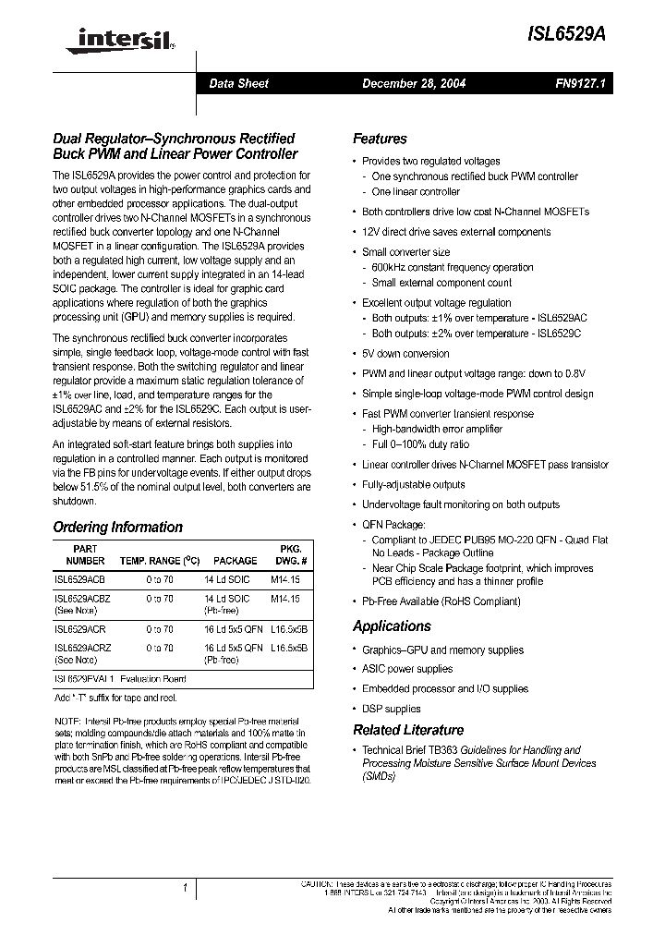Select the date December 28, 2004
pyautogui.click(x=413, y=83)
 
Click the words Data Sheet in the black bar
pyautogui.click(x=238, y=83)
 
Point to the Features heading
pyautogui.click(x=380, y=139)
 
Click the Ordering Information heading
pyautogui.click(x=117, y=528)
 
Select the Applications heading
pyautogui.click(x=392, y=626)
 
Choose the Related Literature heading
pyautogui.click(x=408, y=730)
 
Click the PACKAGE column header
pyautogui.click(x=235, y=561)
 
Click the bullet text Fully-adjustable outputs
pyautogui.click(x=413, y=484)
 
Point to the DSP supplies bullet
pyautogui.click(x=391, y=710)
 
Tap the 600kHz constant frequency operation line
pyautogui.click(x=453, y=267)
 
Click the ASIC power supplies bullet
pyautogui.click(x=407, y=669)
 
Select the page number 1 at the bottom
pyautogui.click(x=185, y=889)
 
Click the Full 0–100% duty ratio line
pyautogui.click(x=420, y=444)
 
